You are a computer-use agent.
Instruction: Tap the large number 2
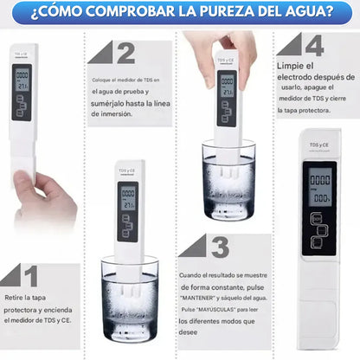pos(126,53)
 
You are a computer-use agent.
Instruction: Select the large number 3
pos(222,246)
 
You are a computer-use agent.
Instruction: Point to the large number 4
pos(314,45)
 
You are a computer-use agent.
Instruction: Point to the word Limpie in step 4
pos(291,66)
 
